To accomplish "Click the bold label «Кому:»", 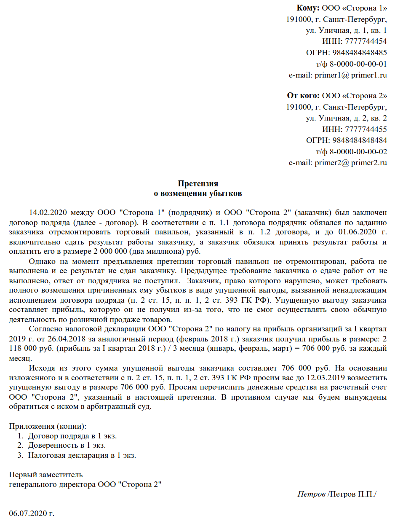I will click(309, 8).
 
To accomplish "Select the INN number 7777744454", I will click(366, 41).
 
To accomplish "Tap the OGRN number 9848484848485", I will click(360, 53).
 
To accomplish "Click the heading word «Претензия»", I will click(197, 184).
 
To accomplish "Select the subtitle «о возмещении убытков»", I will click(197, 194).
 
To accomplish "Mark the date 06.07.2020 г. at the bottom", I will click(32, 513).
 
